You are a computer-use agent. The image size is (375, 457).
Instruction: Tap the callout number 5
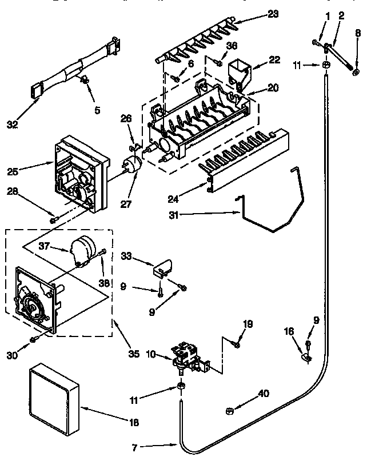96,109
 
